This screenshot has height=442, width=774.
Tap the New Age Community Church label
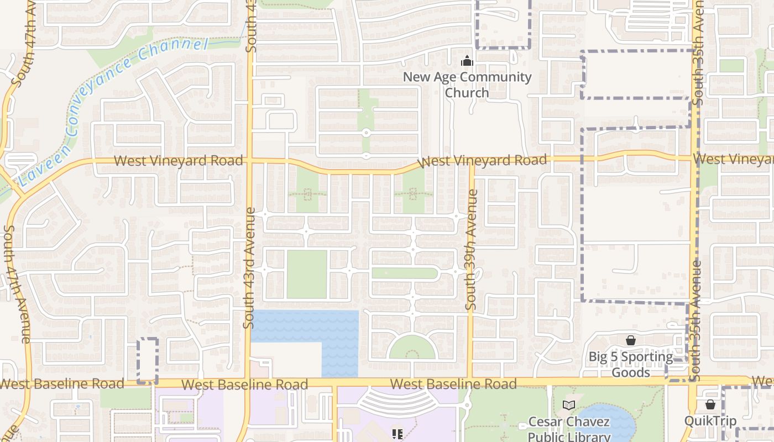coord(467,85)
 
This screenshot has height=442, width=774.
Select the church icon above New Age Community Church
coord(467,61)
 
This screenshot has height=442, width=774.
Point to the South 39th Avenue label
coord(471,250)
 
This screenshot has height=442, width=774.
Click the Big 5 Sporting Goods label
coord(631,365)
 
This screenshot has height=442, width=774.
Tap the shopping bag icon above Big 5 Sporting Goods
coord(631,340)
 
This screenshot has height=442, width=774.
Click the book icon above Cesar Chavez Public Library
coord(569,406)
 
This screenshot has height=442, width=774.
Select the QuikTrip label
coord(710,421)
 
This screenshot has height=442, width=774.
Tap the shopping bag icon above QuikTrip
coord(710,404)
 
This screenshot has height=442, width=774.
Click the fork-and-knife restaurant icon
coord(396,434)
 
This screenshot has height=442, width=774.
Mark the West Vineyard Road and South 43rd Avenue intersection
coord(249,161)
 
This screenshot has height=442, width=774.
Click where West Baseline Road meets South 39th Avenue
coord(470,382)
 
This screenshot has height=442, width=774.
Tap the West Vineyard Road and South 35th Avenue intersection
coord(694,159)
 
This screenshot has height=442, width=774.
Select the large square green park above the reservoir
coord(307,275)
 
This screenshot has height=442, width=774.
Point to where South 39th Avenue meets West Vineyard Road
coord(471,162)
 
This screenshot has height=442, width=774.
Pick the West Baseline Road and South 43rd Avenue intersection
coord(247,382)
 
